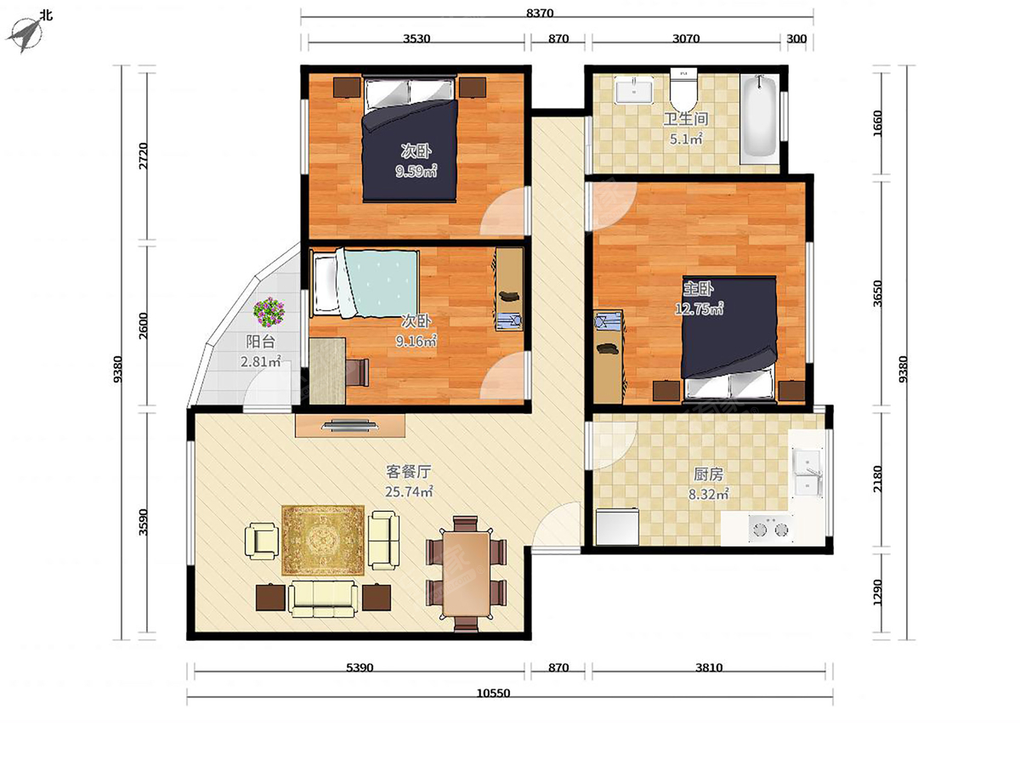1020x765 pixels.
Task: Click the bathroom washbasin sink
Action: [x=634, y=91]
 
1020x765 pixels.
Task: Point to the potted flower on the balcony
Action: [x=268, y=312]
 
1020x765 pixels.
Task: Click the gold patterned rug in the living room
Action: [x=322, y=539]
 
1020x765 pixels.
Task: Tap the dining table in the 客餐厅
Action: [x=466, y=574]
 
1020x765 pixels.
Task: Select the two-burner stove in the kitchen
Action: [x=770, y=529]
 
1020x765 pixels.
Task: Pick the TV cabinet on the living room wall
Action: [x=350, y=426]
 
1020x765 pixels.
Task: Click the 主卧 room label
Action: [x=698, y=289]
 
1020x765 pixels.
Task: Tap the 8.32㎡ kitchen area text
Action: [x=708, y=494]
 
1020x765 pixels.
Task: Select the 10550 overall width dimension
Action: [x=493, y=693]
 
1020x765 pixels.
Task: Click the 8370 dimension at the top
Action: [x=540, y=14]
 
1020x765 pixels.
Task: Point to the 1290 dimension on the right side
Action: [x=877, y=592]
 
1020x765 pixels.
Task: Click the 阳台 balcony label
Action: [x=260, y=342]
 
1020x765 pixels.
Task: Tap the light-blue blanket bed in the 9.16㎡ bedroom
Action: [x=365, y=284]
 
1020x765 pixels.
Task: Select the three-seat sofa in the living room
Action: [x=323, y=598]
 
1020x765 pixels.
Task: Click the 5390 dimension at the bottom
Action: [x=360, y=667]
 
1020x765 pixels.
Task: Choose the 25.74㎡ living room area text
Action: [x=409, y=491]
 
